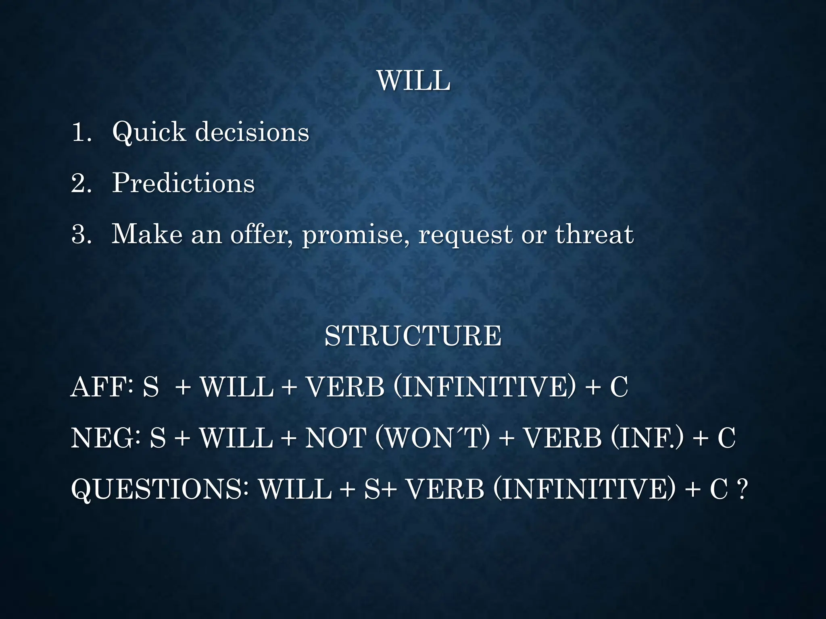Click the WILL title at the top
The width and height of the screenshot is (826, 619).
[413, 81]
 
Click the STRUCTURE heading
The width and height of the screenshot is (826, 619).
[413, 336]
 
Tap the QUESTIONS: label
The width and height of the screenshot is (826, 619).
[160, 489]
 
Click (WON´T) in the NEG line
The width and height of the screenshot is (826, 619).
[432, 438]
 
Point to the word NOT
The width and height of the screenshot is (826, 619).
[336, 438]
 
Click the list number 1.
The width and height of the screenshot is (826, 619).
[81, 132]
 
